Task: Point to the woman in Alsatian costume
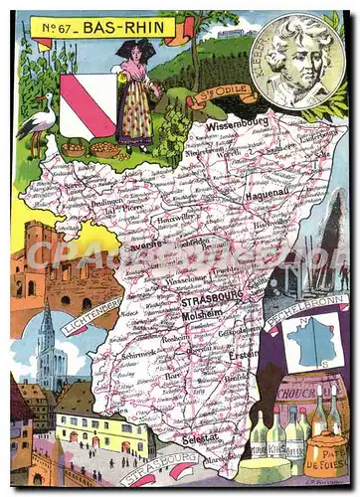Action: (x=133, y=94)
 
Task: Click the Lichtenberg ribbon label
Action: (x=91, y=312)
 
